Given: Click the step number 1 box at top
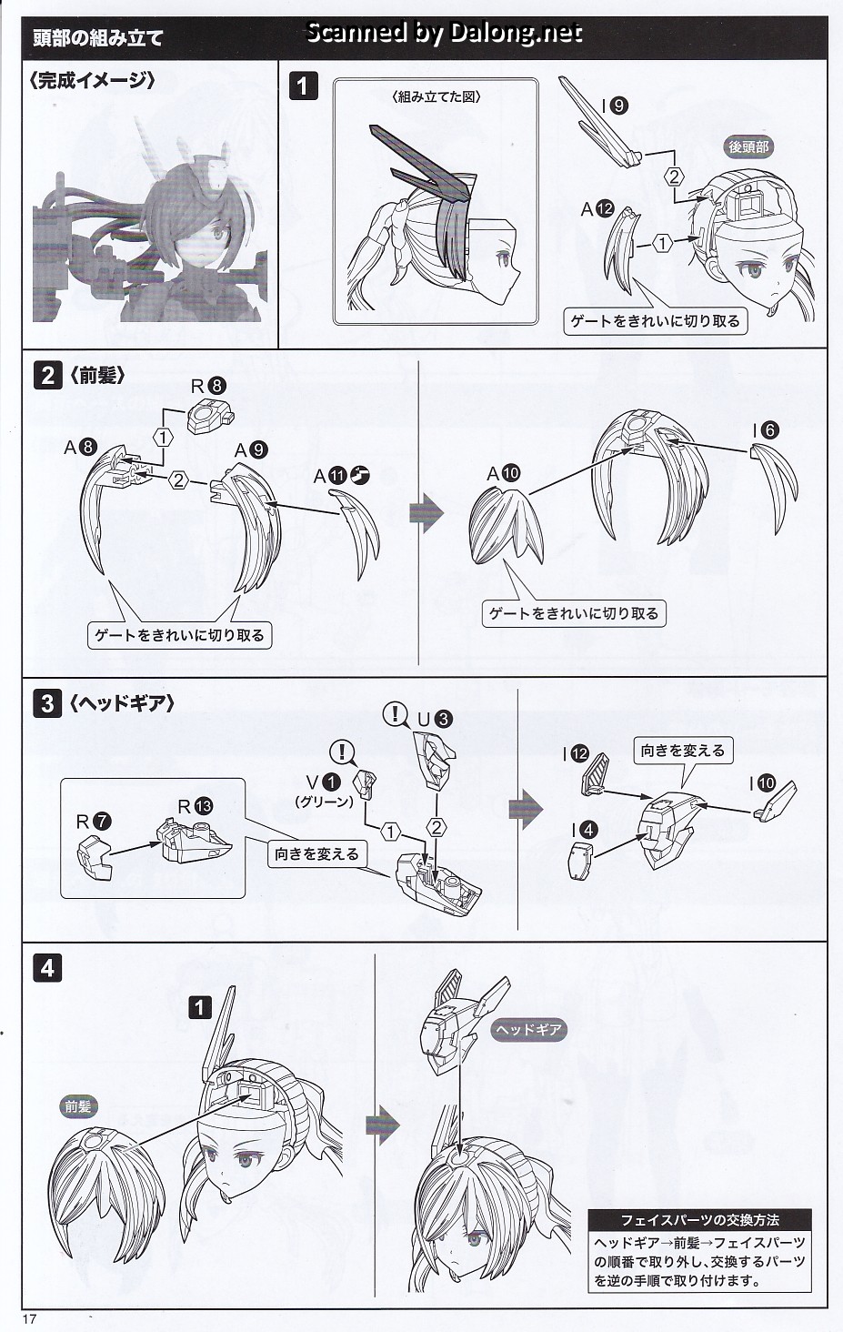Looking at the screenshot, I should [304, 86].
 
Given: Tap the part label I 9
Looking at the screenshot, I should [614, 106].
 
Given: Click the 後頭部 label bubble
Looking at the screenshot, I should [749, 146].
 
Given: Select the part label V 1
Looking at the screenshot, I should [323, 782].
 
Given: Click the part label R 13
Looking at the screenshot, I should [196, 806].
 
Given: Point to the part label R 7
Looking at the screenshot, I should [94, 822].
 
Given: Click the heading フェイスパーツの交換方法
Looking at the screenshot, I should [699, 1220].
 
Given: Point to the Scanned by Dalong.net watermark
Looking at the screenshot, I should [443, 34].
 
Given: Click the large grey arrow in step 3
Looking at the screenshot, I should [525, 809].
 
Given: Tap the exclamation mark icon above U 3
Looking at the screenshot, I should [396, 714].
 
